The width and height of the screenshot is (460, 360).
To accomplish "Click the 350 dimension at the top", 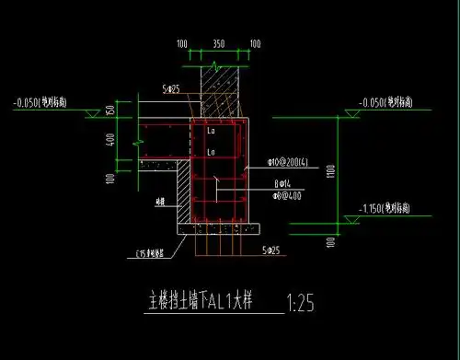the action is pos(217,43).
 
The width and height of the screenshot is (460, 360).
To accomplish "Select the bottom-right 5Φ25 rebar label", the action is pos(270,250).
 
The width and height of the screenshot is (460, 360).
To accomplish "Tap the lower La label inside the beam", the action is pos(212,151).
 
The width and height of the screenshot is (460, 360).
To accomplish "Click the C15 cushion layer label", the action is pos(148,250).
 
